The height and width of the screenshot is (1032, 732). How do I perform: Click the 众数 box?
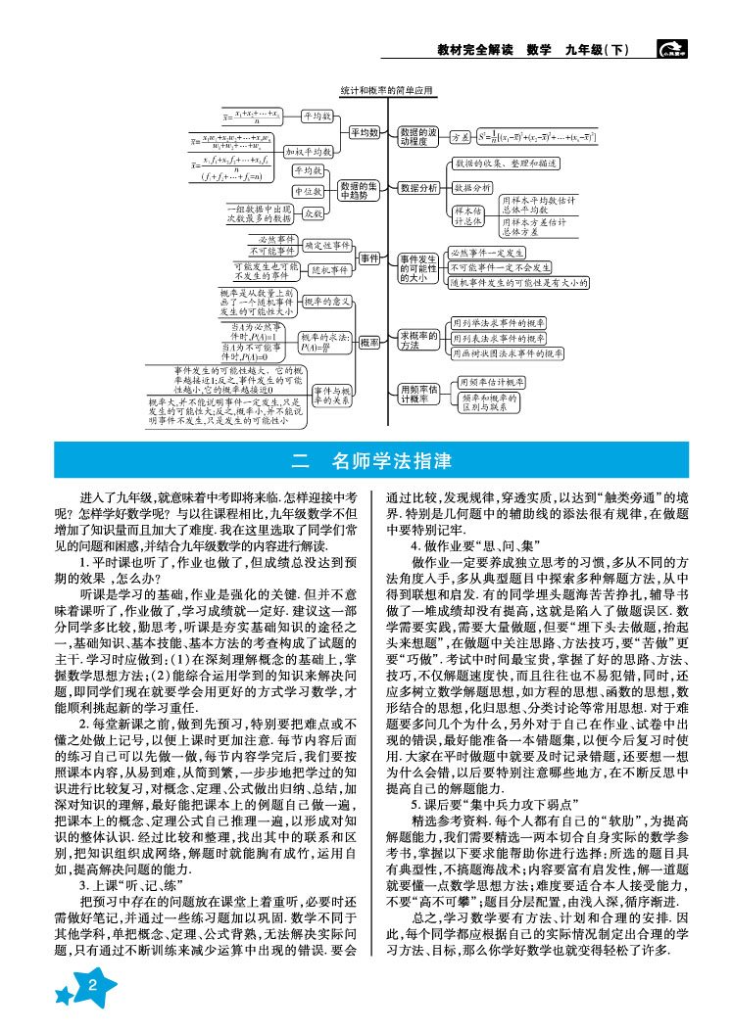click(x=313, y=211)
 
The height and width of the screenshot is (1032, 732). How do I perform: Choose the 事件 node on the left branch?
click(x=369, y=258)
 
